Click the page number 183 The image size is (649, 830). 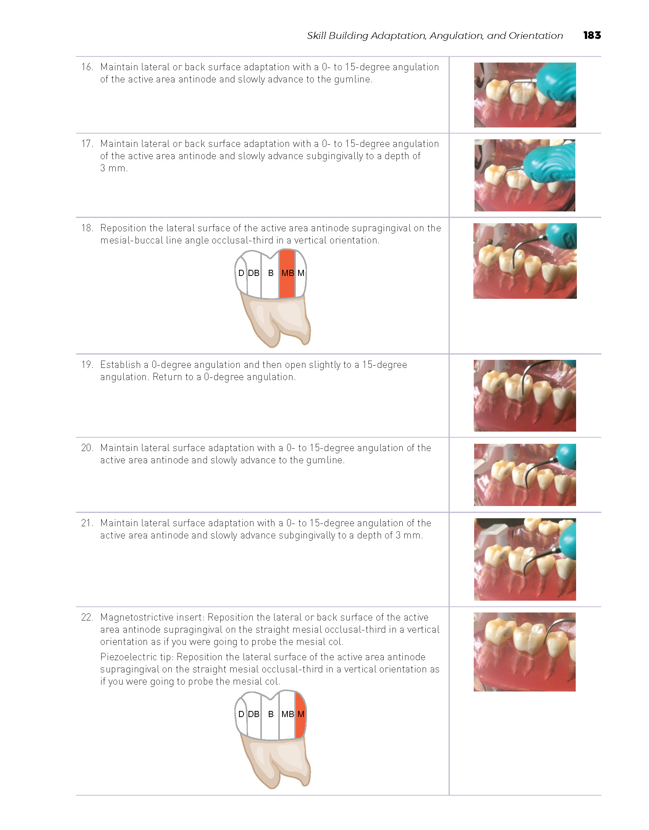pos(592,35)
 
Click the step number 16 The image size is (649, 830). pos(87,67)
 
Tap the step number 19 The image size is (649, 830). pos(87,364)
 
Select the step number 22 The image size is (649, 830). pos(87,617)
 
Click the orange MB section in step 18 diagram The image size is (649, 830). pos(287,274)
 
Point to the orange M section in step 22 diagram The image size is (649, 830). pos(301,714)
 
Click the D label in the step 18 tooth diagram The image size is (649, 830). pos(241,273)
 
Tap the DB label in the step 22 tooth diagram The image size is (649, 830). pos(253,714)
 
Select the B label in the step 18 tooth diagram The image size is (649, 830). pos(271,273)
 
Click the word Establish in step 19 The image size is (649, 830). pos(121,364)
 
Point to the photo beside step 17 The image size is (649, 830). pos(525,175)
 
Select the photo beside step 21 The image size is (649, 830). pos(525,559)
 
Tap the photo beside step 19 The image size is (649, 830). pos(525,396)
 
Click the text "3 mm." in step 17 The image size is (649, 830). pos(114,168)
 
